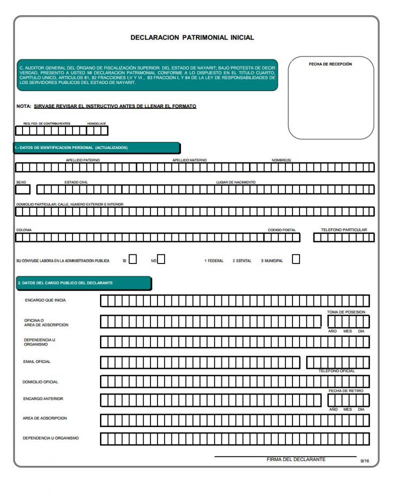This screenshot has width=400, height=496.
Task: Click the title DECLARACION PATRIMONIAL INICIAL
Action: (192, 37)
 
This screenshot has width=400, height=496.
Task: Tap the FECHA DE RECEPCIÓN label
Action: (330, 64)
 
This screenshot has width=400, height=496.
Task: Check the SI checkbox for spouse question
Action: (133, 259)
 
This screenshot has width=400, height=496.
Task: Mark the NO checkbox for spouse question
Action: (161, 259)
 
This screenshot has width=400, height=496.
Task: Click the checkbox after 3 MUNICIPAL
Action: (296, 259)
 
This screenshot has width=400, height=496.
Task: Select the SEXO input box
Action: (23, 189)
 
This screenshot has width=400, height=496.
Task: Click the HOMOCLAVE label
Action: (96, 123)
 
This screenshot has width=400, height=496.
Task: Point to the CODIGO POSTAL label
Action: (281, 230)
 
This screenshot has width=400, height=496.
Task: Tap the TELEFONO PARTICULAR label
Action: (344, 230)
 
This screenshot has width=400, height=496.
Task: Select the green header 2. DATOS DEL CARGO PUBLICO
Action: (83, 283)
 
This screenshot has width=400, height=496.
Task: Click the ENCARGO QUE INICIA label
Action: (45, 300)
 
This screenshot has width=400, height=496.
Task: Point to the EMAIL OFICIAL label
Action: (37, 361)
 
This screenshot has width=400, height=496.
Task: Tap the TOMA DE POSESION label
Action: (346, 312)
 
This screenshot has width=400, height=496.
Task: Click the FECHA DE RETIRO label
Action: (346, 390)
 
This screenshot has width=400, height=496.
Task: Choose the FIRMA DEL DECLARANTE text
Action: (296, 459)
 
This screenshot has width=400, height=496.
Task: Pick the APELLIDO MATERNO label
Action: (189, 160)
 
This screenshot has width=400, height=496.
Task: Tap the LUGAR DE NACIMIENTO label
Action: (235, 182)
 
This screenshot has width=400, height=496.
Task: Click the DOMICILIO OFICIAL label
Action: (40, 382)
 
